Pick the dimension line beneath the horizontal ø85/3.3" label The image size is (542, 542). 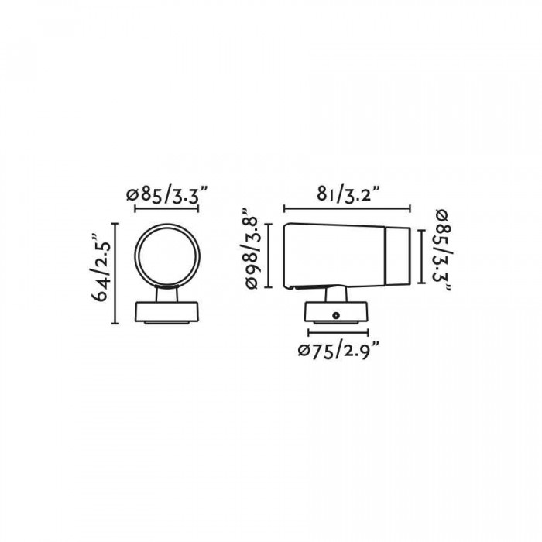pyautogui.click(x=166, y=209)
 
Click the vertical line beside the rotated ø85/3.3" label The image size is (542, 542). pyautogui.click(x=422, y=256)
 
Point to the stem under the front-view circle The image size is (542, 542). pyautogui.click(x=166, y=293)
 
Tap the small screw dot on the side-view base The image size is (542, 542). pyautogui.click(x=337, y=314)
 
